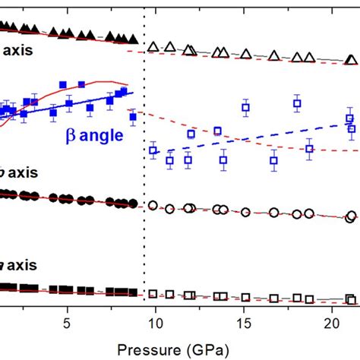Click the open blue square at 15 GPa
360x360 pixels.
click(x=245, y=109)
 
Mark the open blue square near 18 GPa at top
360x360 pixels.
click(x=297, y=103)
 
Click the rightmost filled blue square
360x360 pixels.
click(x=134, y=117)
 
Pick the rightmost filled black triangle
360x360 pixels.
click(x=134, y=38)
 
